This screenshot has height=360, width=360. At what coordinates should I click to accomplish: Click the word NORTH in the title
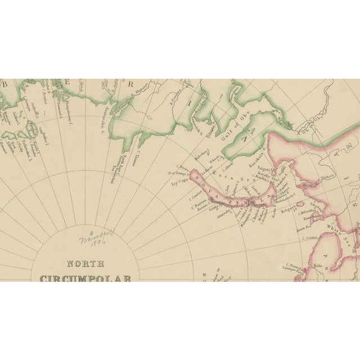86,263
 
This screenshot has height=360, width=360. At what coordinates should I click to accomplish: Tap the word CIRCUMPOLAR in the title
85,278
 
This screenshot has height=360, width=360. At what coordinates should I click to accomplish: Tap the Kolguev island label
288,214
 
